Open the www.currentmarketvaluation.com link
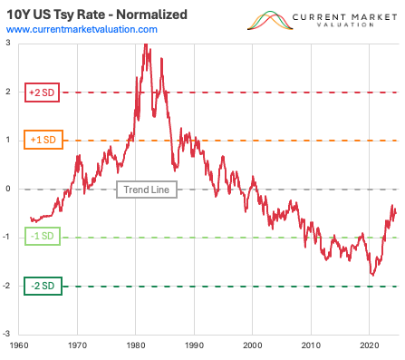click(82, 30)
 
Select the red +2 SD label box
click(36, 92)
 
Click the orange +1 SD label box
click(36, 141)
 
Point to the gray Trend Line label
click(147, 190)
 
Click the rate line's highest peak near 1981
click(145, 44)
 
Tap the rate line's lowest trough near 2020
click(371, 275)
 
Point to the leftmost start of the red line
click(30, 218)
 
